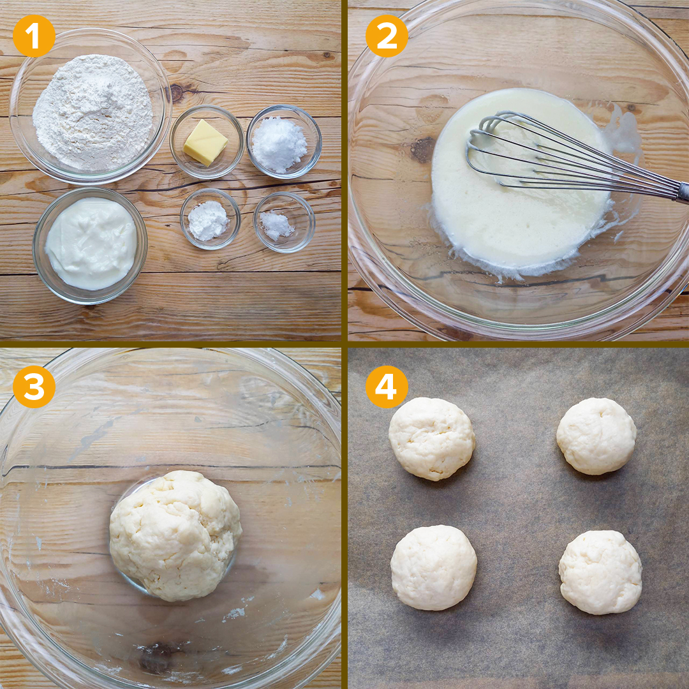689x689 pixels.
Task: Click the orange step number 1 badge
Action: [34, 36]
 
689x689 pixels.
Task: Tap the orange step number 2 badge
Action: [387, 36]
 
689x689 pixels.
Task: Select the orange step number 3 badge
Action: [34, 387]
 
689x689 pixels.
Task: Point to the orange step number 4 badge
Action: [387, 387]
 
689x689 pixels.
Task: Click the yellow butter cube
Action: [205, 142]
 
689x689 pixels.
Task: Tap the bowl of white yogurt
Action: [90, 245]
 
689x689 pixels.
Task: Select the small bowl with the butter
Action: [207, 142]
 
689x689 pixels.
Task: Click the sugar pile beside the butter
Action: [279, 145]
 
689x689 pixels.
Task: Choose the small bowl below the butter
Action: [210, 219]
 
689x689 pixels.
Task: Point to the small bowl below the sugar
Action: [285, 222]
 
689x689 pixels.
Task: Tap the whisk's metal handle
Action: [684, 191]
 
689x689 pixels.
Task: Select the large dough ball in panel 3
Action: [175, 535]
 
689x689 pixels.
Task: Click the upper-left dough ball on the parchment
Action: [431, 438]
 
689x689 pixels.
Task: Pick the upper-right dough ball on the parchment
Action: [596, 436]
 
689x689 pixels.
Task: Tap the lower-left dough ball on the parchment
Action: [433, 567]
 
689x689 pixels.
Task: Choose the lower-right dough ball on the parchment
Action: [600, 572]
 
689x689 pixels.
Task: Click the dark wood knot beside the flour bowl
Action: [177, 93]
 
